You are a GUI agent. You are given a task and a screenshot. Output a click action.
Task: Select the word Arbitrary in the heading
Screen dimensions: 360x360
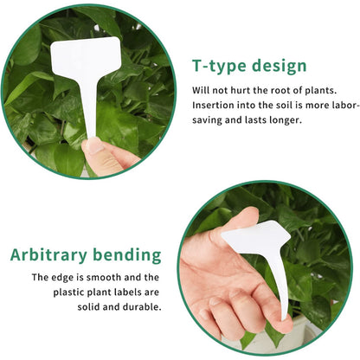[48, 255]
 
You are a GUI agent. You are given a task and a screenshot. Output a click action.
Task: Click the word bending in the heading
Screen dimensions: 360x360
[127, 255]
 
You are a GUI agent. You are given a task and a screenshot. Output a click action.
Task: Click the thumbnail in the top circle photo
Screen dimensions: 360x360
[94, 146]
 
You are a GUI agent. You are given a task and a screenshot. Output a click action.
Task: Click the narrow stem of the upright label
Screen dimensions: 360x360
[91, 110]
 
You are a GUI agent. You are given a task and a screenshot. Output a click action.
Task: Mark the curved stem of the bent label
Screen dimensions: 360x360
[279, 286]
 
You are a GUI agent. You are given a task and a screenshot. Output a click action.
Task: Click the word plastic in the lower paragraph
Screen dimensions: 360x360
[67, 292]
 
